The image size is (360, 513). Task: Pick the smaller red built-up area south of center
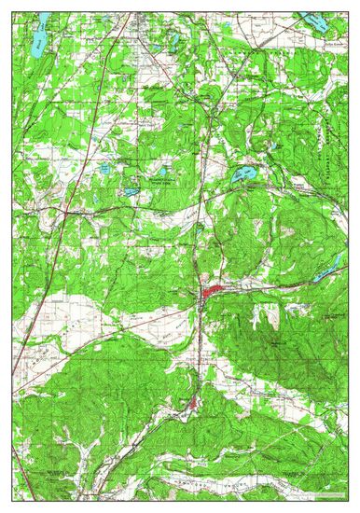(193, 403)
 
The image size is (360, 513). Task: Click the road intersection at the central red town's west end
(201, 297)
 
